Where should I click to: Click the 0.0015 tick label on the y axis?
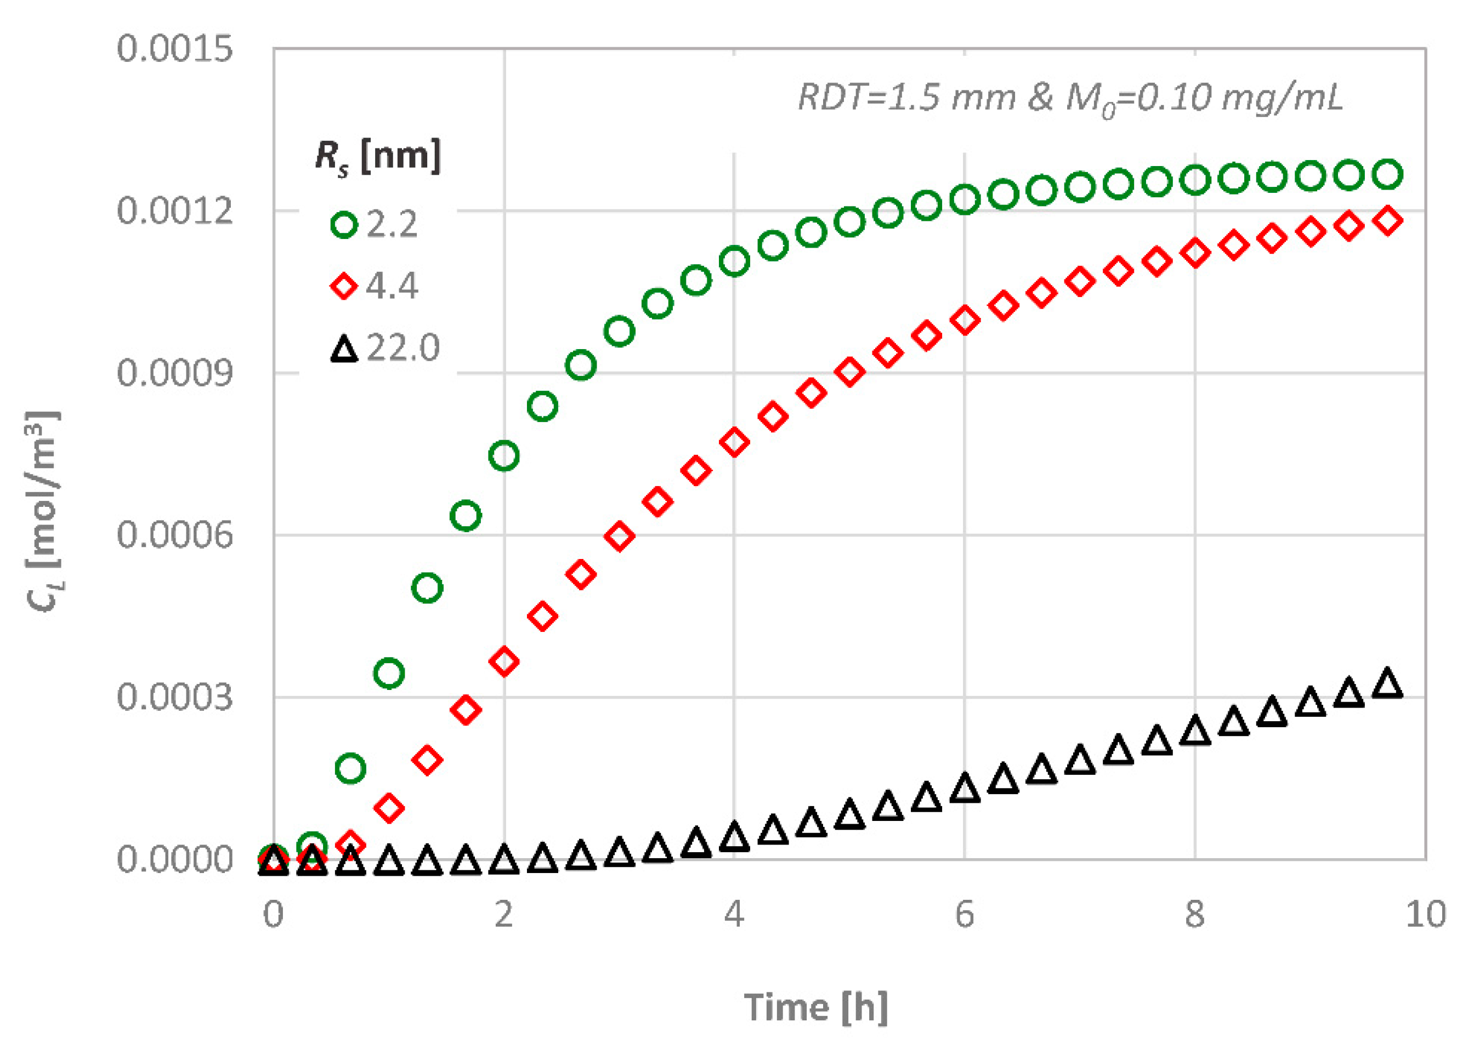point(174,49)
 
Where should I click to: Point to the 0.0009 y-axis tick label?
point(174,373)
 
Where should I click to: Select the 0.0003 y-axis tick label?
point(174,697)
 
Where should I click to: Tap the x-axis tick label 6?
point(963,914)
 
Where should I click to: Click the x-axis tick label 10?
point(1425,914)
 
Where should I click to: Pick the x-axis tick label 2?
point(504,914)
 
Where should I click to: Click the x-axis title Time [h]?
point(815,1007)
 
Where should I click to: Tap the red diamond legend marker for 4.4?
point(344,286)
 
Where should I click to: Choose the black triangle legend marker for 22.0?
point(344,349)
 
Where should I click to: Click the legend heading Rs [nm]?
point(378,157)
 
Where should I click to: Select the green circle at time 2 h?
point(504,456)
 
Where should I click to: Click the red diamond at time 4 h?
point(734,442)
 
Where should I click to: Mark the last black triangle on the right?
point(1387,683)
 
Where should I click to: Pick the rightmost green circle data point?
point(1387,174)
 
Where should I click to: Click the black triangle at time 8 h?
point(1194,730)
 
